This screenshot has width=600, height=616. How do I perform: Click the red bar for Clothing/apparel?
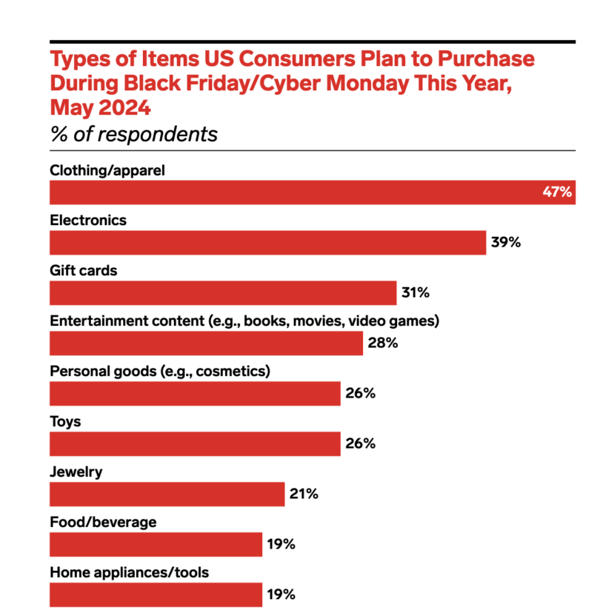pyautogui.click(x=296, y=192)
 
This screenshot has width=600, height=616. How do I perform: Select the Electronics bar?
pyautogui.click(x=267, y=242)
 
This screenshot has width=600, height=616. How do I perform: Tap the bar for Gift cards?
pyautogui.click(x=223, y=292)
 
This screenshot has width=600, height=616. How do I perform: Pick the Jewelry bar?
pyautogui.click(x=167, y=494)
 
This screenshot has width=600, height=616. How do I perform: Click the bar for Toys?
pyautogui.click(x=195, y=443)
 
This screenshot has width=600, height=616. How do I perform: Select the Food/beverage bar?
pyautogui.click(x=156, y=544)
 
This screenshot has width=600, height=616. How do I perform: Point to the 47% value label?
pyautogui.click(x=557, y=192)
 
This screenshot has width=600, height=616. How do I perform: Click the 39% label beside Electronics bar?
pyautogui.click(x=506, y=242)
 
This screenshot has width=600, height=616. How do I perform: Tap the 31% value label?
pyautogui.click(x=415, y=292)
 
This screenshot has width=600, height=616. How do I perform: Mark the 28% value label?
pyautogui.click(x=383, y=343)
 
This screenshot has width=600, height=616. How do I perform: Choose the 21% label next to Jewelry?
pyautogui.click(x=304, y=494)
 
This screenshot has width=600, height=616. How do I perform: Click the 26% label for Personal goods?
pyautogui.click(x=360, y=393)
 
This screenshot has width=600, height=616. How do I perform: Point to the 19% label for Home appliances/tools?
pyautogui.click(x=281, y=595)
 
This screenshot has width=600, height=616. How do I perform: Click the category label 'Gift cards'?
pyautogui.click(x=84, y=271)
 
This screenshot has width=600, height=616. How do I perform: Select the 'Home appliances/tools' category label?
pyautogui.click(x=129, y=573)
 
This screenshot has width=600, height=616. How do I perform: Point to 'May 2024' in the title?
pyautogui.click(x=100, y=108)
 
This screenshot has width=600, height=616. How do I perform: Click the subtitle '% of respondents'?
pyautogui.click(x=133, y=134)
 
